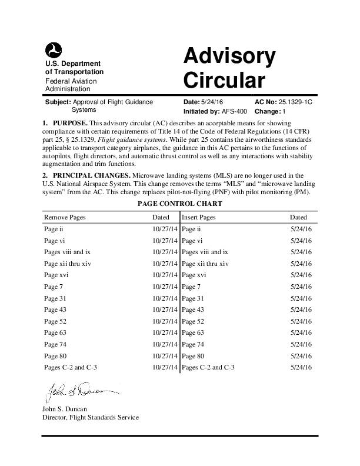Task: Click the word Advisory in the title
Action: pyautogui.click(x=229, y=56)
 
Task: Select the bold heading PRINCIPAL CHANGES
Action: pyautogui.click(x=91, y=175)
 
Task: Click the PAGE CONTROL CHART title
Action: pyautogui.click(x=179, y=204)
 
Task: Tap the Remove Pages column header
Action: pyautogui.click(x=65, y=217)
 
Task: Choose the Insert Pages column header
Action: pyautogui.click(x=199, y=217)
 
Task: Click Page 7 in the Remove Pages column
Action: pyautogui.click(x=54, y=287)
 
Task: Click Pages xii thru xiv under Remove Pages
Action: pyautogui.click(x=68, y=264)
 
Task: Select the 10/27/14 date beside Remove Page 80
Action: pyautogui.click(x=164, y=356)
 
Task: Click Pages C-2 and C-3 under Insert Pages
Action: pyautogui.click(x=208, y=367)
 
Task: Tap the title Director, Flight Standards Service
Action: pyautogui.click(x=90, y=417)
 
